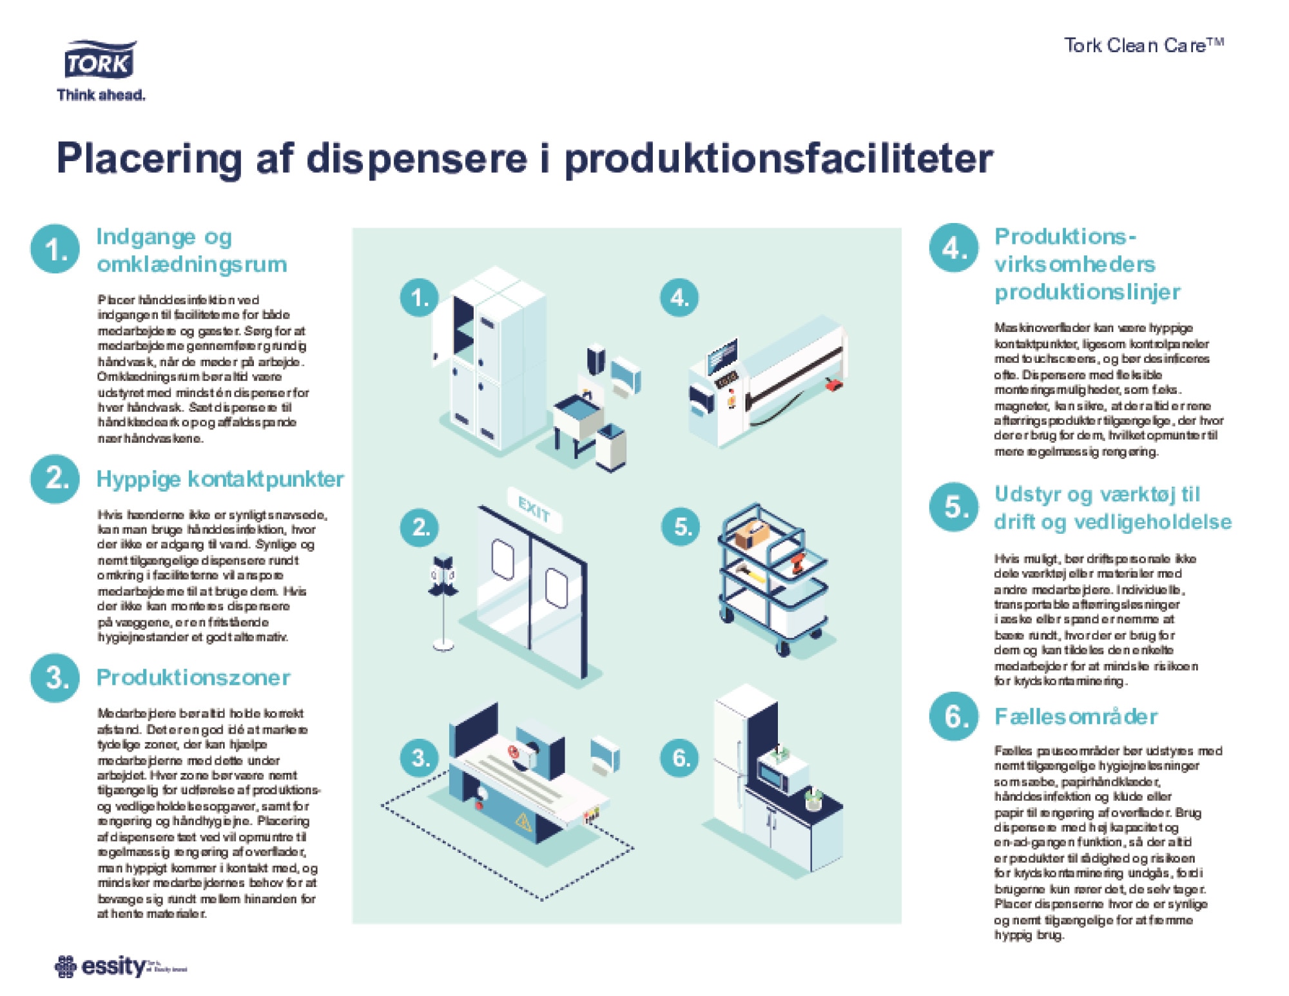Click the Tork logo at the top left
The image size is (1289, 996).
(x=100, y=62)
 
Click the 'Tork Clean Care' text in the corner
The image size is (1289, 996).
(x=1143, y=45)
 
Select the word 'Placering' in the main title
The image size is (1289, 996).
(x=149, y=159)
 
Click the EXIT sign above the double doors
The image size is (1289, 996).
(x=534, y=512)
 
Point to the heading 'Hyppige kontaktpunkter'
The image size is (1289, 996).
(x=220, y=479)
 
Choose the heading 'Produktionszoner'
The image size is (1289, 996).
(x=193, y=678)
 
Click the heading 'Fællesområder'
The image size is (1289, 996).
(x=1075, y=716)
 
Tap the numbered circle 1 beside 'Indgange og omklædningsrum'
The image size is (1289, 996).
(x=55, y=249)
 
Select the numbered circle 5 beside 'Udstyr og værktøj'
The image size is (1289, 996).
(x=953, y=507)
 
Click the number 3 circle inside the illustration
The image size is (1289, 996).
(x=420, y=757)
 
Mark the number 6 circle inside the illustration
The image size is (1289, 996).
(x=681, y=757)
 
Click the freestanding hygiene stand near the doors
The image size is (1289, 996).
(x=443, y=600)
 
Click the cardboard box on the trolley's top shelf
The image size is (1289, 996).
(x=752, y=534)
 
